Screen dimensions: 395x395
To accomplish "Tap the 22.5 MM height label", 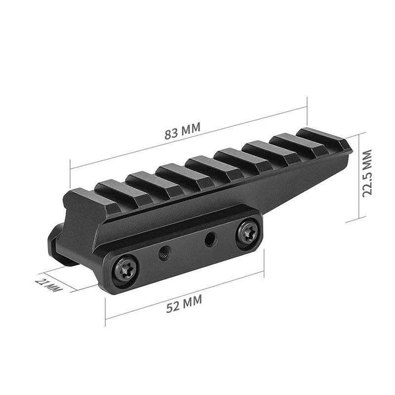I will click(x=367, y=173).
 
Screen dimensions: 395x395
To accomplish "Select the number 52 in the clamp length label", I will click(x=172, y=307).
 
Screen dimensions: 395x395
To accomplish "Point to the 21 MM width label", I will click(x=48, y=285).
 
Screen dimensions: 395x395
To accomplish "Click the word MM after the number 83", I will click(x=191, y=129).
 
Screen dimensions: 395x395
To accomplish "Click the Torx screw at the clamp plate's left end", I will click(x=125, y=269).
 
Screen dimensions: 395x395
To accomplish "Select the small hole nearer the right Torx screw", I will click(x=210, y=239).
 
